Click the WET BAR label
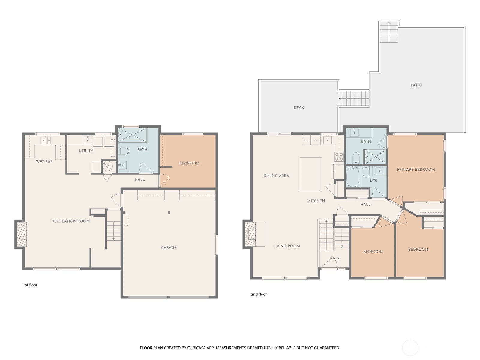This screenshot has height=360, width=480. [x=44, y=161]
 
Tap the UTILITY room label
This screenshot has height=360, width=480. [x=86, y=151]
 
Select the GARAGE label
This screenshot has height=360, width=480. [x=169, y=247]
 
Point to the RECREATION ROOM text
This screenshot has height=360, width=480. [x=70, y=221]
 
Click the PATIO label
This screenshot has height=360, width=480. [x=416, y=85]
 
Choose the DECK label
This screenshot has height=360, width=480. [x=299, y=107]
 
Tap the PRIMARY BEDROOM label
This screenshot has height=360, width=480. [x=416, y=169]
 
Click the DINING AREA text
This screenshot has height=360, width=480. [x=276, y=175]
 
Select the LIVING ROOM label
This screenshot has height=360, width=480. [x=286, y=246]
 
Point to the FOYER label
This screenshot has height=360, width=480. [x=334, y=258]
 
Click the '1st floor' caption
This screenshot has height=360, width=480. [x=30, y=285]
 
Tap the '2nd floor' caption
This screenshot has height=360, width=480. [x=259, y=294]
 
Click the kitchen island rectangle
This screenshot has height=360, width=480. [x=310, y=174]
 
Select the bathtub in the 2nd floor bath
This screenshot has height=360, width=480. [x=353, y=177]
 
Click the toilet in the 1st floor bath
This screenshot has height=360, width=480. [x=124, y=151]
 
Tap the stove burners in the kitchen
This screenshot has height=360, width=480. [x=339, y=156]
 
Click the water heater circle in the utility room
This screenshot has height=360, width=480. [x=108, y=166]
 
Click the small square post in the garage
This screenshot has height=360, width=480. [x=169, y=212]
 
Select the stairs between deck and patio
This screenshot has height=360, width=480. [x=354, y=98]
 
